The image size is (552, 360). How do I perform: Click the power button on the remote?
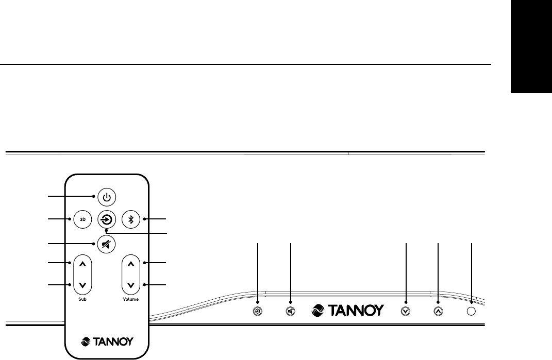click(x=106, y=196)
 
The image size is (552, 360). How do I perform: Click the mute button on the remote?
click(x=106, y=244)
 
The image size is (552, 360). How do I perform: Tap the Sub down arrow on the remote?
click(x=82, y=285)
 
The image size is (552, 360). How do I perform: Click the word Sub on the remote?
click(x=82, y=299)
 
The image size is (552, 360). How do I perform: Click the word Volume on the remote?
click(x=130, y=299)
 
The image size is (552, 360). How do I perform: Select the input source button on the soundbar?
click(x=258, y=311)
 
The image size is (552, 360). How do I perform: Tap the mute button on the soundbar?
click(x=291, y=311)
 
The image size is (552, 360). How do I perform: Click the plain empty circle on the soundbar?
click(x=471, y=311)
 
